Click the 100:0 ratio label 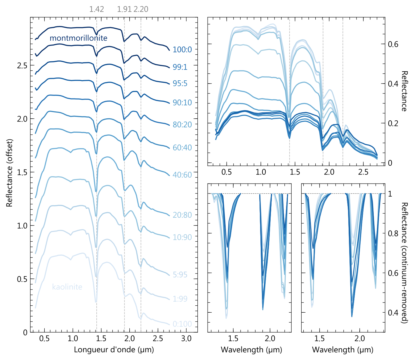pos(182,49)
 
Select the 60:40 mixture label pos(182,148)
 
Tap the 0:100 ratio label pos(182,324)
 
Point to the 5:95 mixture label pos(180,275)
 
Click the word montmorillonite pos(79,38)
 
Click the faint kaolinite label pos(67,287)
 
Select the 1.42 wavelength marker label pos(96,9)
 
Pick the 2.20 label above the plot pos(141,9)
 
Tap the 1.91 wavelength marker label pos(124,9)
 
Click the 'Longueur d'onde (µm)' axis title pos(114,349)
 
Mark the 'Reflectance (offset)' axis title pos(10,173)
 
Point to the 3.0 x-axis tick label pos(186,339)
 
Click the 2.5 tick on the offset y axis pos(22,65)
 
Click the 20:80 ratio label pos(182,215)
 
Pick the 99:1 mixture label pos(180,67)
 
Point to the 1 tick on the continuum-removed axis pos(390,194)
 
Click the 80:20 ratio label pos(182,124)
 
